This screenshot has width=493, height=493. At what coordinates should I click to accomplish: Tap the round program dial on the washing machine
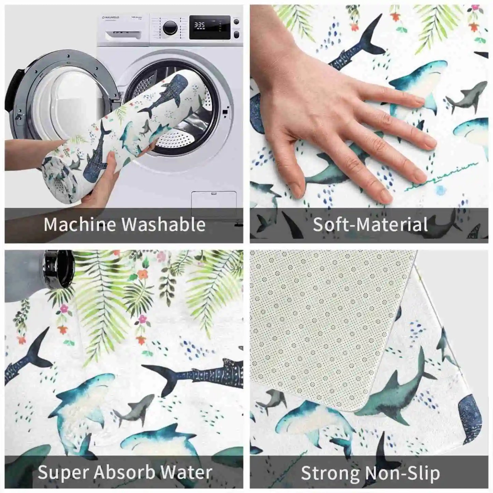(170, 27)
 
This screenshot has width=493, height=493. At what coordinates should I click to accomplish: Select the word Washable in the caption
(164, 224)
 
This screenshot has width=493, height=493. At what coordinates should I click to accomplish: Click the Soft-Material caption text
(370, 224)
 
